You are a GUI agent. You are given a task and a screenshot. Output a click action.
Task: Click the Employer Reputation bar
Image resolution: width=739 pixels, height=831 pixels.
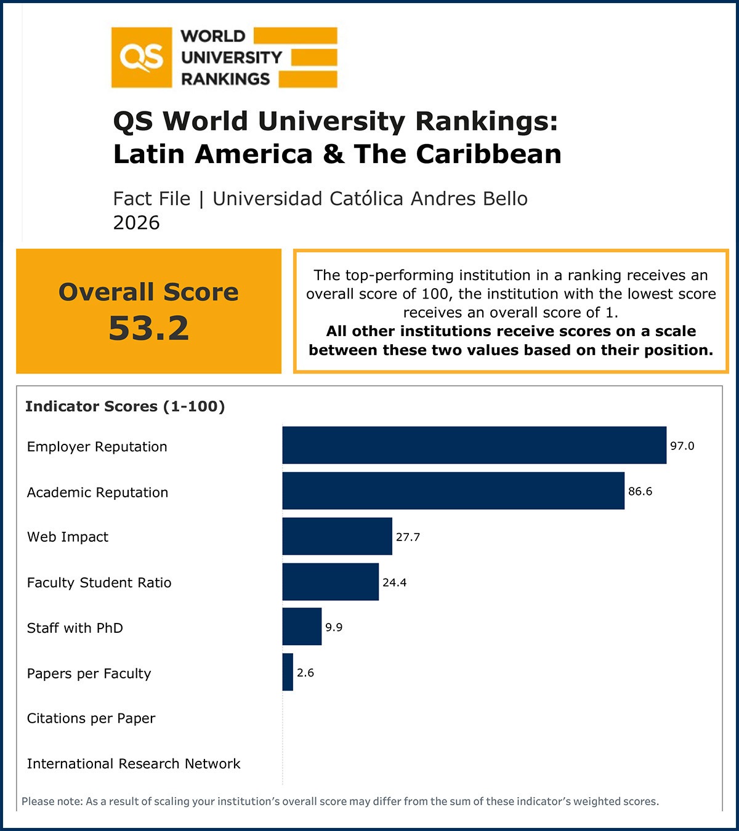(x=474, y=445)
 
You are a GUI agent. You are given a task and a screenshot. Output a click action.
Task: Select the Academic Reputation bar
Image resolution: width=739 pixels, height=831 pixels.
(x=453, y=491)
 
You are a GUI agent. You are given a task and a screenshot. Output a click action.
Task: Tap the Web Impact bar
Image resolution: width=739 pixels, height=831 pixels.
(x=337, y=536)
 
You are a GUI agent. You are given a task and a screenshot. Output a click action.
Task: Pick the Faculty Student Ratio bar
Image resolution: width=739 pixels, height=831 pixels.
(x=330, y=582)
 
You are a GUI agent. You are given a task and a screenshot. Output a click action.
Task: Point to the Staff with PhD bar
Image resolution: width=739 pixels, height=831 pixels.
(x=302, y=627)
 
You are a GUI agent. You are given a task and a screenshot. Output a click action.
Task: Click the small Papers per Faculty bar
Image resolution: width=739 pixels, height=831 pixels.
(x=288, y=672)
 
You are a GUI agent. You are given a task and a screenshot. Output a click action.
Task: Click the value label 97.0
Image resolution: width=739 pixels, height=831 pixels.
(x=682, y=446)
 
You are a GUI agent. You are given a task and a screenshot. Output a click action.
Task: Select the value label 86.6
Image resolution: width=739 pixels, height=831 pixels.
(x=640, y=491)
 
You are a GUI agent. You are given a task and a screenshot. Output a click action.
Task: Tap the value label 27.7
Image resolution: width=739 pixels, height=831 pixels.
(x=408, y=537)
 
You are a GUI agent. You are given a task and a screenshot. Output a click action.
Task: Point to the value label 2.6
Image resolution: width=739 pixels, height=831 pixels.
(x=305, y=673)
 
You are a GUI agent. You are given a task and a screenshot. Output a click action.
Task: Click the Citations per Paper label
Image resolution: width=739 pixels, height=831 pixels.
(x=91, y=718)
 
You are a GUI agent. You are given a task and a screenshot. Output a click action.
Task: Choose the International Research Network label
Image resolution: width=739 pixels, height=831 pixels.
(x=134, y=764)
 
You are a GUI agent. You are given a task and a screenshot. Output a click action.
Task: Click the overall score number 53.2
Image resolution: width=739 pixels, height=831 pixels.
(x=148, y=328)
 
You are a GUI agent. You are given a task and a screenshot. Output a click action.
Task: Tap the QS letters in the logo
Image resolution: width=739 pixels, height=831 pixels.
(x=142, y=58)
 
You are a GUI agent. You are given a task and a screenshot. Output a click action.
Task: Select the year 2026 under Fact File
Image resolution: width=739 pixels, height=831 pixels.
(x=136, y=222)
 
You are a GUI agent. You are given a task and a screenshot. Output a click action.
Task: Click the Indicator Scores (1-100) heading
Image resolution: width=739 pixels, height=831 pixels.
(x=125, y=406)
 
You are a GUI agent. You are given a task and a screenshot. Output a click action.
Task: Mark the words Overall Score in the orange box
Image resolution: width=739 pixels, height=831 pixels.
(x=148, y=292)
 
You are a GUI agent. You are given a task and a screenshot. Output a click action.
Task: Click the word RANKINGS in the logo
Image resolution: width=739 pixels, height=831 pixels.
(x=225, y=79)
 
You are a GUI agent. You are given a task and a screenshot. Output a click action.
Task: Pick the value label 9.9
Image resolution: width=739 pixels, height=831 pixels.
(x=334, y=627)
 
